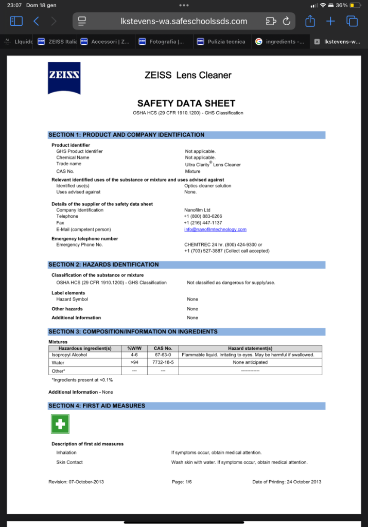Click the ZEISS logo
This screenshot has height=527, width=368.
point(64,78)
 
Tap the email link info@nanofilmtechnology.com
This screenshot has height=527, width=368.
point(215,230)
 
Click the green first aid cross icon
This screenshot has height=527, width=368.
point(60,424)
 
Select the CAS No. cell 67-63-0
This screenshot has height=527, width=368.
point(163,355)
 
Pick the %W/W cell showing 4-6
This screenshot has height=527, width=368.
point(134,355)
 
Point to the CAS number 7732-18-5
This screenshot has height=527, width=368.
point(163,363)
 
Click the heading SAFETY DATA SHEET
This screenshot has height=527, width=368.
point(186,103)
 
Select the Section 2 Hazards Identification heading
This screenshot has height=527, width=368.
point(103,265)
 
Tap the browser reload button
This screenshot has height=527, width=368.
point(287,21)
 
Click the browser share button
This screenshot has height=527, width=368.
point(310,21)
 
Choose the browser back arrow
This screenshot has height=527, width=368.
point(36,21)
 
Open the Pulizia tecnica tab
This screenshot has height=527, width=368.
point(222,42)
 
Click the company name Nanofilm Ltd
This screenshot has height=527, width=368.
point(197,210)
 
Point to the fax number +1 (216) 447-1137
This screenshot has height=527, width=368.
point(203,223)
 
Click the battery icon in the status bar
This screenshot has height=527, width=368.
point(356,5)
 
